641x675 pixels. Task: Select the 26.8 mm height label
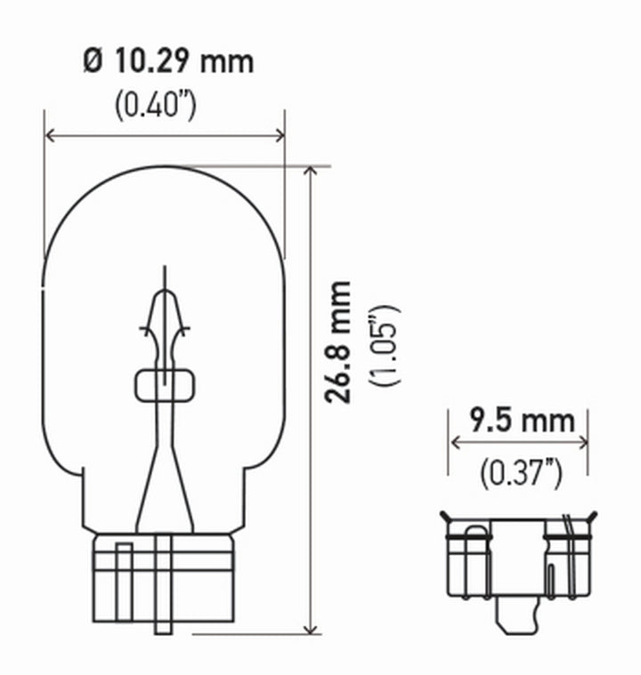337,342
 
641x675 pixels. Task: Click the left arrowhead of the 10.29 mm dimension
50,136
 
